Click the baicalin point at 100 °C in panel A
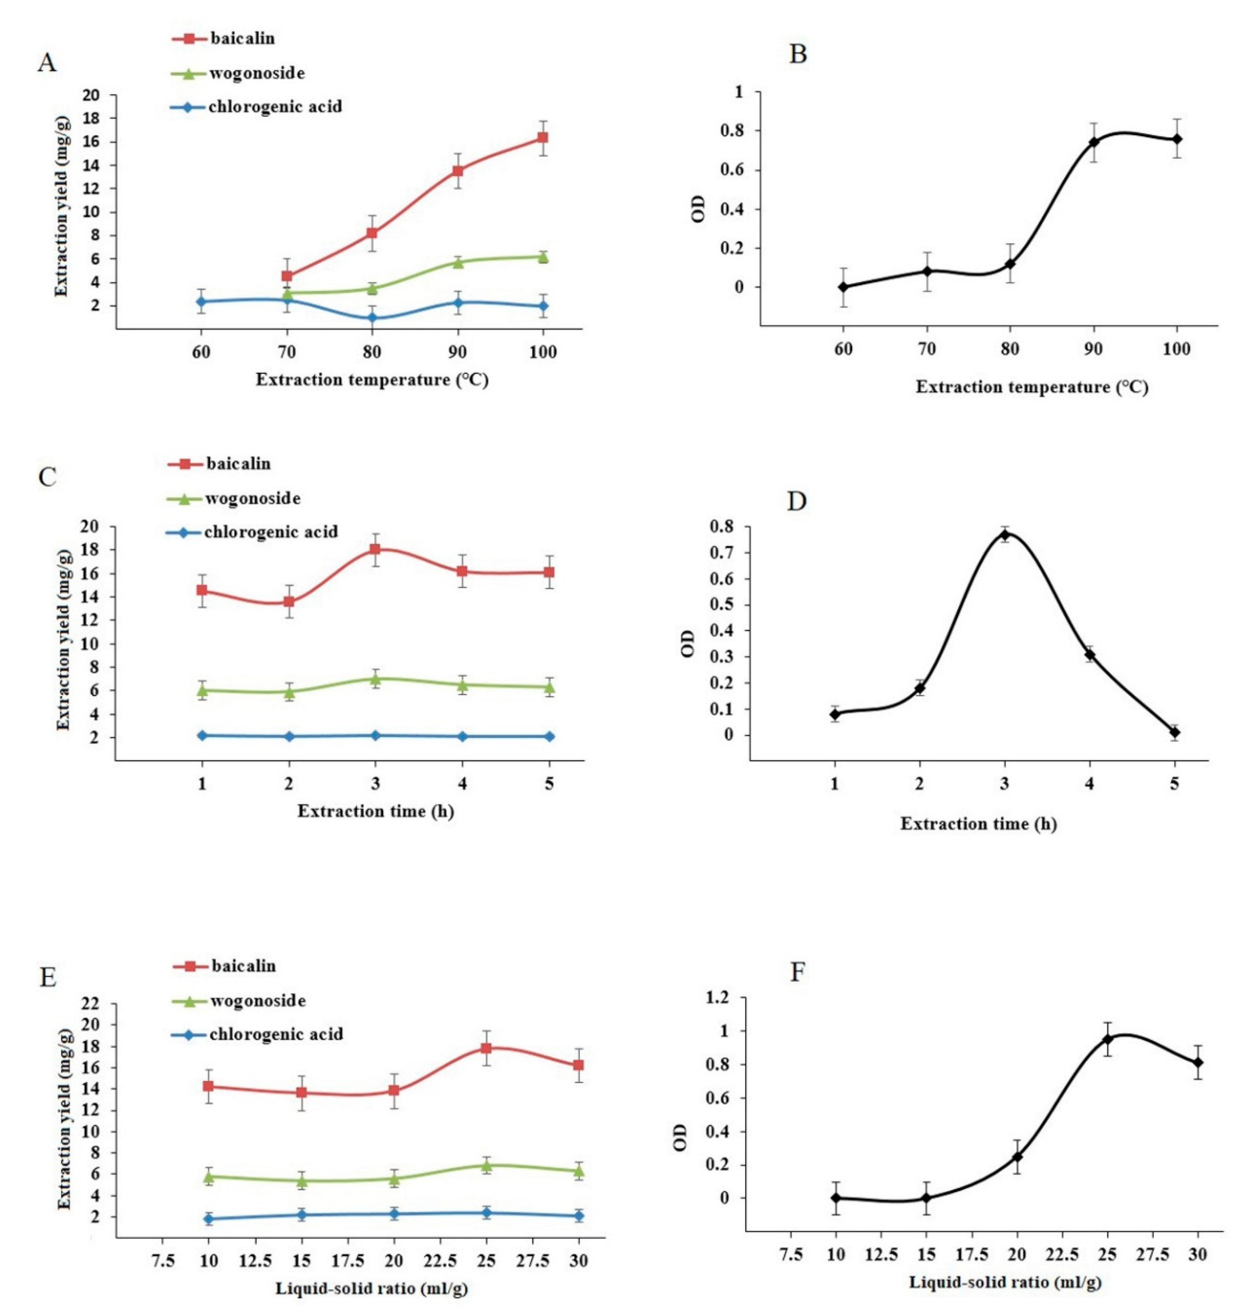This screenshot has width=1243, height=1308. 543,137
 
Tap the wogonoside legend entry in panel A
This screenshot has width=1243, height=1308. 238,73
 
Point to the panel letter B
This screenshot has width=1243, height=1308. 798,54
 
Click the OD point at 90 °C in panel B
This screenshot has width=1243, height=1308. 1094,142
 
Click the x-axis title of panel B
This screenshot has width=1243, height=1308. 1032,387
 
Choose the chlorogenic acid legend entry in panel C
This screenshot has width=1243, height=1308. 252,532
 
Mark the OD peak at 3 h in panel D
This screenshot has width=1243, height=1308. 1005,535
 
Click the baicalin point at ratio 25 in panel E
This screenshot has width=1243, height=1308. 486,1048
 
